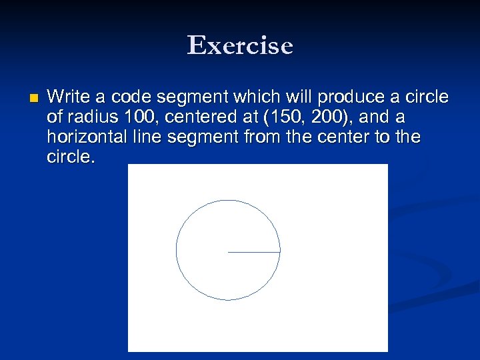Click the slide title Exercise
[240, 45]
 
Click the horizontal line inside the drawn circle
[254, 252]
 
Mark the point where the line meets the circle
[280, 252]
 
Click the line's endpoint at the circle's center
[229, 252]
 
